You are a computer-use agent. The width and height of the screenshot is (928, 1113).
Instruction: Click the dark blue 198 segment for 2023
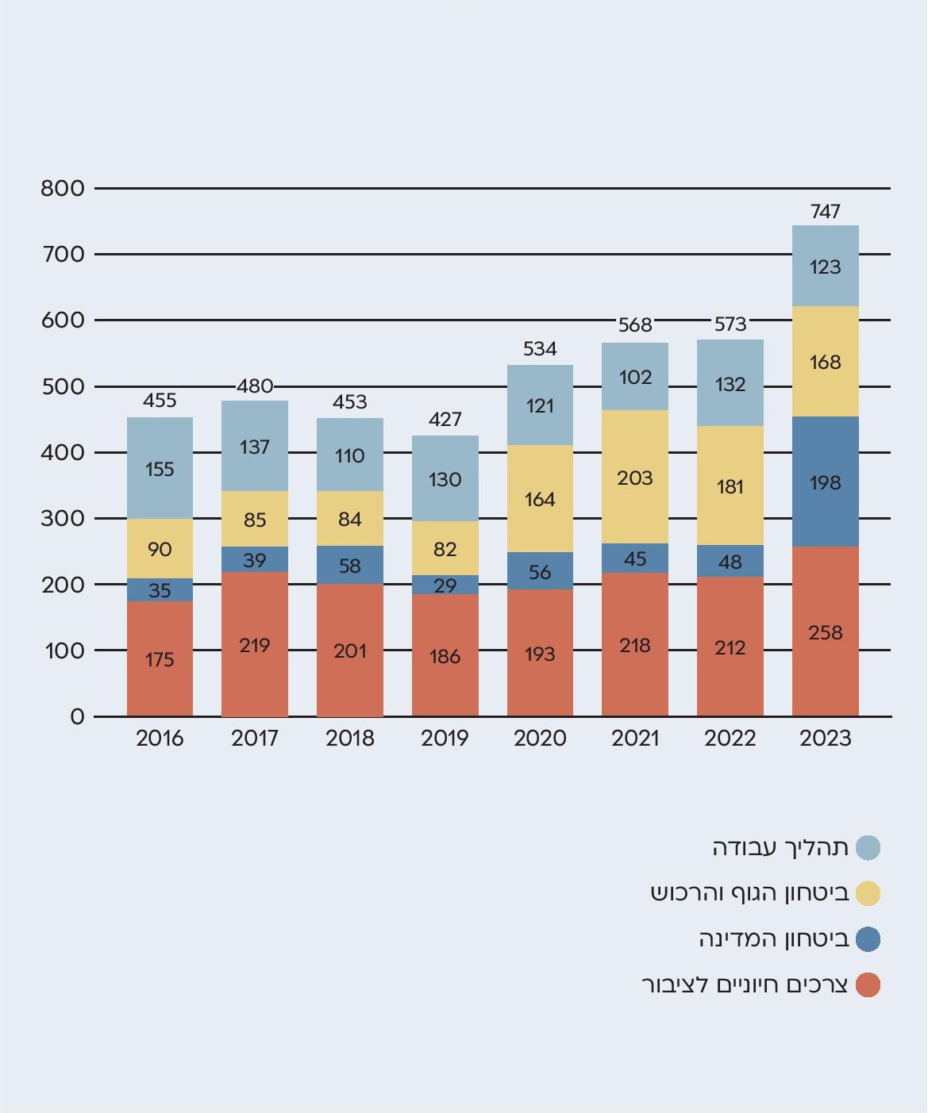point(825,482)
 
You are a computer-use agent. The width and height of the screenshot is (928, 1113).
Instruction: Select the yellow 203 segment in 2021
point(635,477)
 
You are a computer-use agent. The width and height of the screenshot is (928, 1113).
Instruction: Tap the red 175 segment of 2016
point(160,658)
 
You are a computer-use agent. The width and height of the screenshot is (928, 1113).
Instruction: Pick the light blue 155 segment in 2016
point(160,468)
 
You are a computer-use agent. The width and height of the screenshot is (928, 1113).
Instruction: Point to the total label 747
point(825,211)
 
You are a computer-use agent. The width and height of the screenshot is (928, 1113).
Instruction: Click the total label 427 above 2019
point(445,419)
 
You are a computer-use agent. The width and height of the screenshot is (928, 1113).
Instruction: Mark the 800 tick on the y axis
point(63,188)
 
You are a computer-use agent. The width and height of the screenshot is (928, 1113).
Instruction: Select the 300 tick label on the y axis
point(63,518)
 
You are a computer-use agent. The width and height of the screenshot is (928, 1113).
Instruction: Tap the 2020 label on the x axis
point(540,739)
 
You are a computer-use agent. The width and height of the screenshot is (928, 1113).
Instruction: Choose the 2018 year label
point(349,739)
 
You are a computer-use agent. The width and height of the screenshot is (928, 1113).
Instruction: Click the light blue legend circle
point(868,847)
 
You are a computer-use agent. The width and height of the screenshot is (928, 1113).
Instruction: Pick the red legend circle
point(868,985)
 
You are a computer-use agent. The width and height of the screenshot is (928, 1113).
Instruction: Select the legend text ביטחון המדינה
point(774,939)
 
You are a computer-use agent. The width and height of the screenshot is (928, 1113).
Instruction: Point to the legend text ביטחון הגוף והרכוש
point(750,893)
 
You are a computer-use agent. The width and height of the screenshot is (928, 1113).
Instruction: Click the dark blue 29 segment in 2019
point(445,585)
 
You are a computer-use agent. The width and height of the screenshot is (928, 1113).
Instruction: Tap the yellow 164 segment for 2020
point(540,499)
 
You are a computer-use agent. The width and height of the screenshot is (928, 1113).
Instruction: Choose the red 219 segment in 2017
point(255,644)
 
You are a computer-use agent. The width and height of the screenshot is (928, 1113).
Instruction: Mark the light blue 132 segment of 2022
point(730,384)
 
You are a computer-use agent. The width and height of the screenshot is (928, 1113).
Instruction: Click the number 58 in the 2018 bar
point(349,566)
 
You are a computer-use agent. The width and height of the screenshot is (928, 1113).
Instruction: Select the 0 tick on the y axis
point(77,716)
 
